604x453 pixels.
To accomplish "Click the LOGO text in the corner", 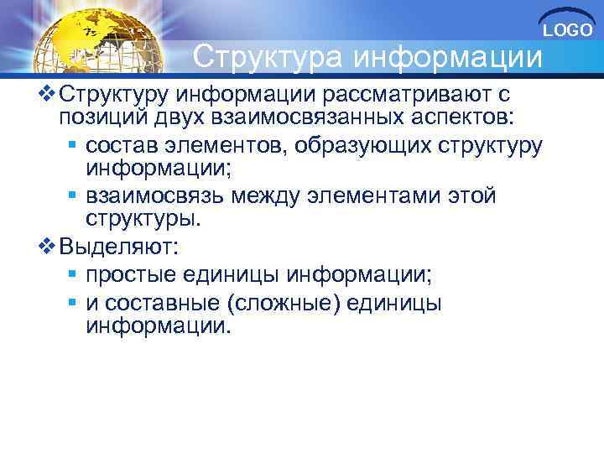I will (568, 30).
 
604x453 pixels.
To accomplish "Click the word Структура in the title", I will (268, 57).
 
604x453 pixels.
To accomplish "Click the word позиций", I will (99, 115).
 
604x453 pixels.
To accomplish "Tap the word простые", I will (133, 274).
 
